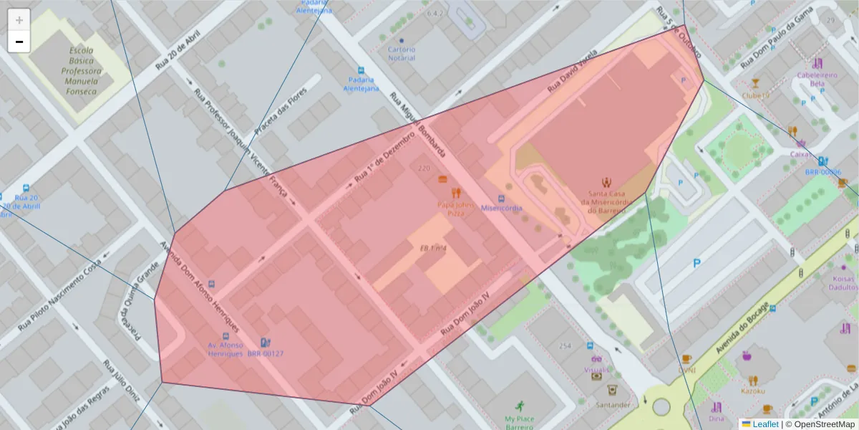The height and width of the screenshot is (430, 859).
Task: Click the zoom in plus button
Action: point(19,20)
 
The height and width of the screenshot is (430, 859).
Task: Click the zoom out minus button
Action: point(19,42)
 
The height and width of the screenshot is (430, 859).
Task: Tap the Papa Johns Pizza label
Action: point(456,208)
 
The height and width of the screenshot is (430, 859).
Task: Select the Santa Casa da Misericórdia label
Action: point(607,201)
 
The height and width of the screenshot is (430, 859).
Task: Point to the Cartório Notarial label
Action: point(402,54)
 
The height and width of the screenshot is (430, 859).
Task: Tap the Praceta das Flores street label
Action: point(281,111)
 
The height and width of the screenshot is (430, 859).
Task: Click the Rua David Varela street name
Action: point(572,72)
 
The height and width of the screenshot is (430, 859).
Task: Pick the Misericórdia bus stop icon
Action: point(501,199)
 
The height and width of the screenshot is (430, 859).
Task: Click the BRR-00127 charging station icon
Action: point(266,343)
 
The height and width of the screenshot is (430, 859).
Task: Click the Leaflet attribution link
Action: point(759,424)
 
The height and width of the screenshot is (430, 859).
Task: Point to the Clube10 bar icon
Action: point(755,84)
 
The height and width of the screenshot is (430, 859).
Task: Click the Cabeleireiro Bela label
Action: point(817,78)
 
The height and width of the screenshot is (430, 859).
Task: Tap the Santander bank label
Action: point(612,405)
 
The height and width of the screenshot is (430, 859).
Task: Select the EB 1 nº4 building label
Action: point(433,249)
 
